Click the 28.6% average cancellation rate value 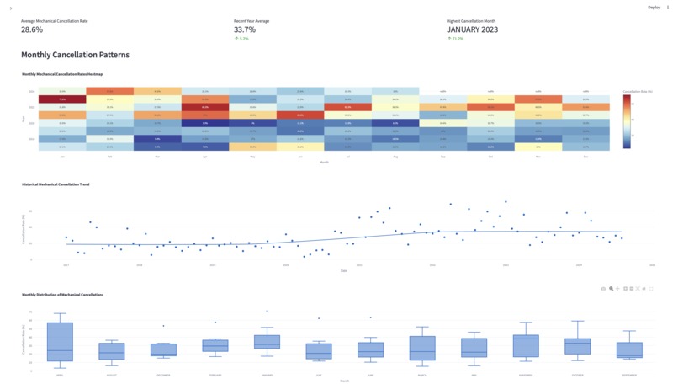pos(32,29)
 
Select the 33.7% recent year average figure pos(245,29)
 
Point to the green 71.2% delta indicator pos(456,38)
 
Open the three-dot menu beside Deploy pos(668,7)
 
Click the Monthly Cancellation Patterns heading pos(75,55)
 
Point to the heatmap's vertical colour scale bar pos(626,121)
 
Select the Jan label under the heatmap pos(62,156)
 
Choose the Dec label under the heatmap pos(586,156)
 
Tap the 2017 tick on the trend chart pos(66,264)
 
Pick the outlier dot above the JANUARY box pos(267,311)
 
